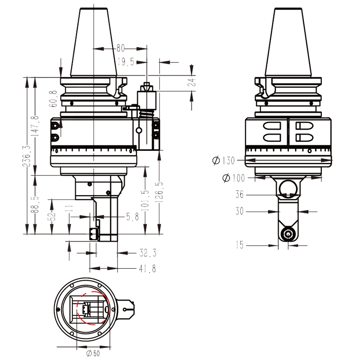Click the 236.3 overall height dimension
pyautogui.click(x=26, y=156)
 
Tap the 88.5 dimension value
pyautogui.click(x=36, y=205)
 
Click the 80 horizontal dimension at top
pyautogui.click(x=120, y=48)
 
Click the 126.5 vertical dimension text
pyautogui.click(x=159, y=192)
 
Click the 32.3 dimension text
pyautogui.click(x=148, y=253)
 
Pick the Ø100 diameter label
pyautogui.click(x=233, y=178)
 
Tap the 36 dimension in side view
pyautogui.click(x=240, y=194)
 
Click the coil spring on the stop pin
pyautogui.click(x=146, y=115)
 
